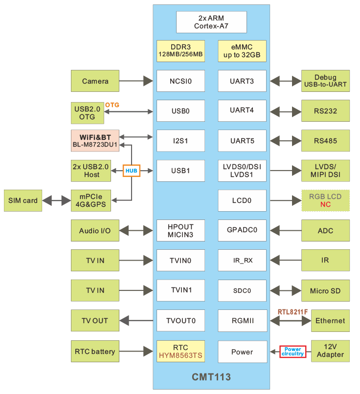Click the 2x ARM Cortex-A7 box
coord(211,22)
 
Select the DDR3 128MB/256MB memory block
coord(180,51)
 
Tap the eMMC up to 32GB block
coord(242,51)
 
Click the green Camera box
coord(95,81)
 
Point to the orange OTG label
coord(112,105)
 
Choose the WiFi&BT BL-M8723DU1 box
coord(95,140)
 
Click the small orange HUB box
coord(131,171)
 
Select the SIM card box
coord(23,200)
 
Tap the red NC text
coord(326,204)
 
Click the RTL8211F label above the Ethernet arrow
coord(293,311)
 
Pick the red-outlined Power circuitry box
coord(292,351)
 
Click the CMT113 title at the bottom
coord(211,377)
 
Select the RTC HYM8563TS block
coord(180,351)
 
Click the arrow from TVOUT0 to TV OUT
coord(136,321)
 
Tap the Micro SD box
coord(325,291)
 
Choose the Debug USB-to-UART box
coord(325,81)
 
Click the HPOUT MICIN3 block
coord(180,231)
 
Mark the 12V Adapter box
coord(330,351)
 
